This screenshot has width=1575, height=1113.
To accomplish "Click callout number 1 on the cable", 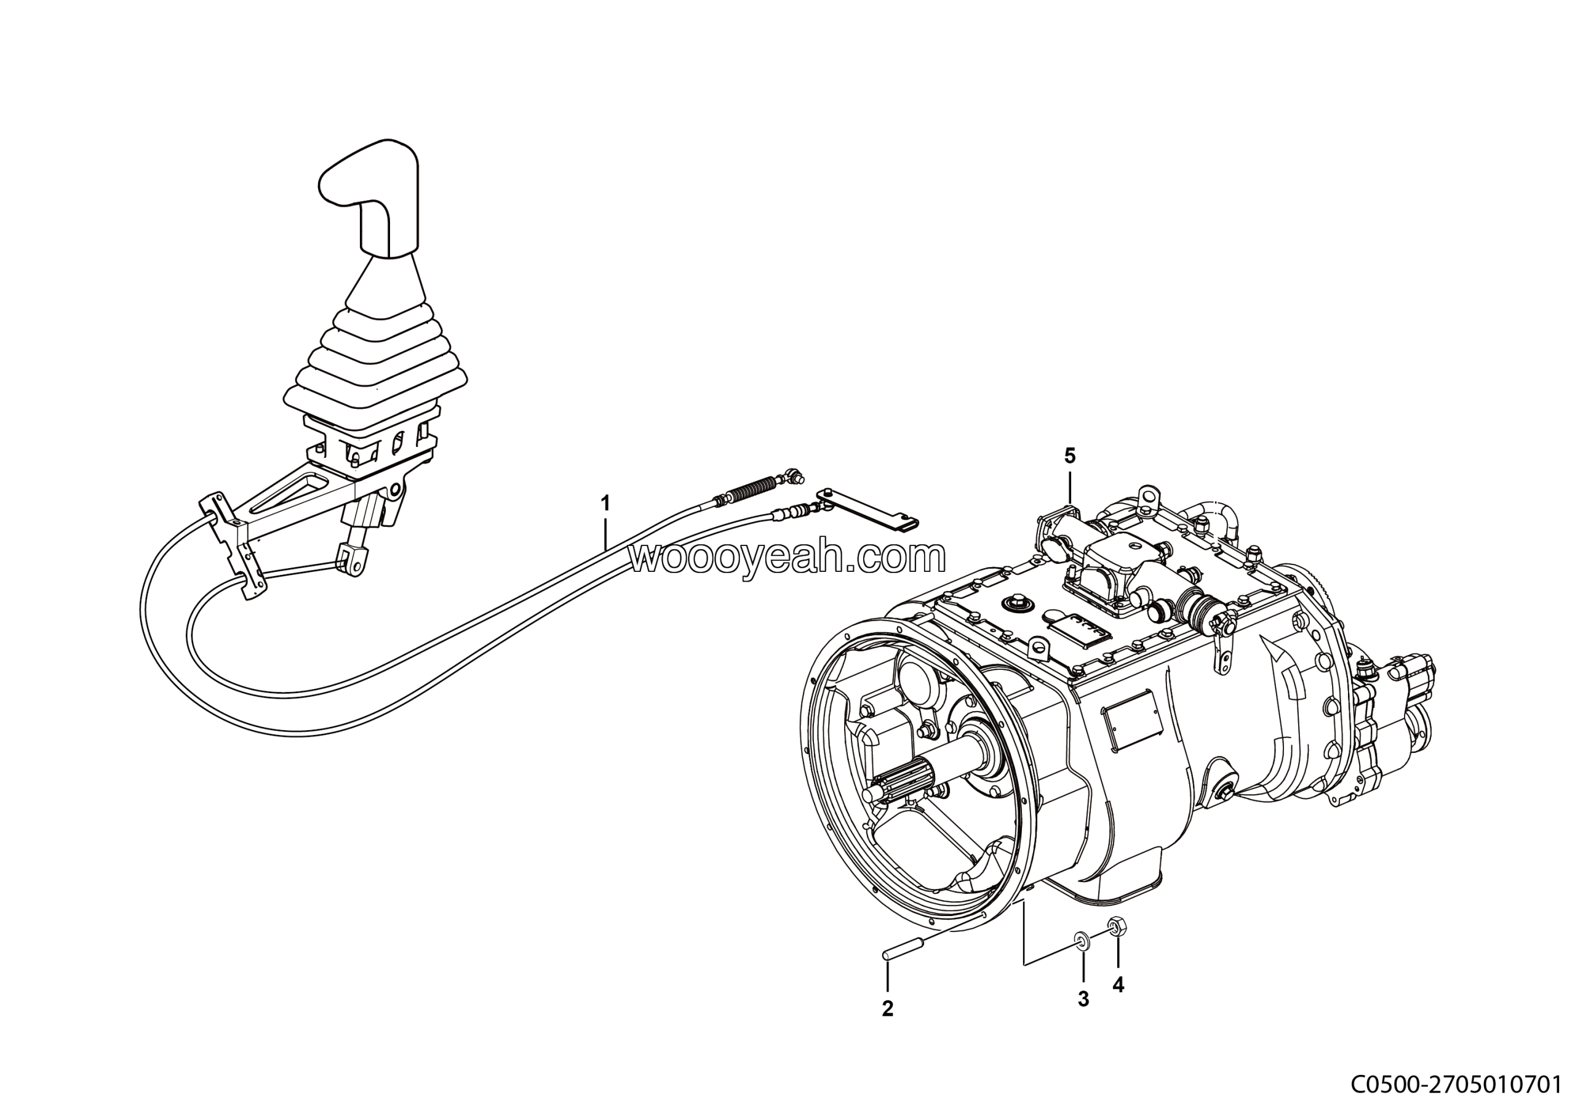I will [605, 504].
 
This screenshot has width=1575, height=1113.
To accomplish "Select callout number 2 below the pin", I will [888, 1009].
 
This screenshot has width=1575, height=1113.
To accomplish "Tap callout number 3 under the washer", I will [1083, 999].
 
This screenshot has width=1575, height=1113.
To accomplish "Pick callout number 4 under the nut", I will [1118, 986].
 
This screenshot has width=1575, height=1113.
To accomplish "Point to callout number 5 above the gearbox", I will [1070, 456].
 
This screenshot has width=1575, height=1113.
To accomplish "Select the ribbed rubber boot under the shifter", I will [376, 357].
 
